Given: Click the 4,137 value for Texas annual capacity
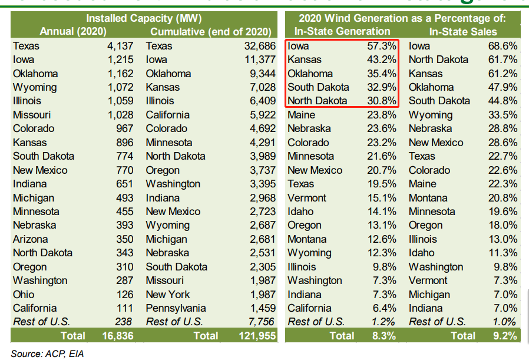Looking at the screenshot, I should click(x=120, y=45).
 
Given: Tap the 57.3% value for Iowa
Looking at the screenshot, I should click(x=383, y=45).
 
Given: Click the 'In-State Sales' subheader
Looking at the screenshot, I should click(x=463, y=31).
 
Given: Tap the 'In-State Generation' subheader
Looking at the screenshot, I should click(x=343, y=31).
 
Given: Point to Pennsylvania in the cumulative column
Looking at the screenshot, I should click(x=176, y=308).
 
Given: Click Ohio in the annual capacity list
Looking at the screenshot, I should click(x=24, y=294).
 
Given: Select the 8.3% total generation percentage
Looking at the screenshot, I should click(x=383, y=336).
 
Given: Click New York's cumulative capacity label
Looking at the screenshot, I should click(x=168, y=294).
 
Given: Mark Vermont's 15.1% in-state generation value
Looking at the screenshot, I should click(x=383, y=197).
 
